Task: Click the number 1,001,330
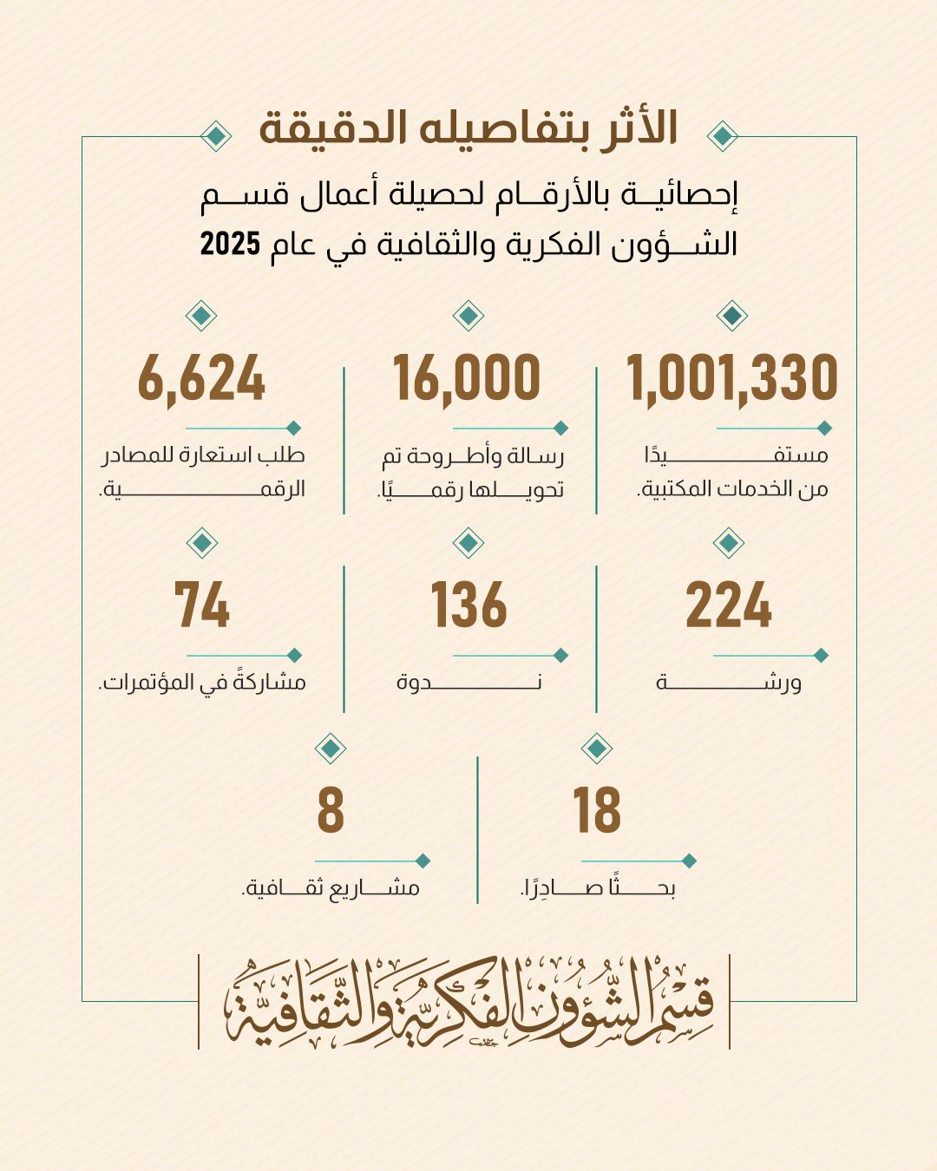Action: click(x=732, y=378)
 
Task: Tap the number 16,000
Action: click(x=467, y=378)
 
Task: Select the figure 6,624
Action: click(x=201, y=378)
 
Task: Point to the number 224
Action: click(x=728, y=605)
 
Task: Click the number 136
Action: click(x=468, y=605)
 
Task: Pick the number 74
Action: click(x=202, y=605)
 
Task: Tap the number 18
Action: click(x=597, y=811)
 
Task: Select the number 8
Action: click(x=331, y=811)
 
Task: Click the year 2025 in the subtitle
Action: click(x=231, y=244)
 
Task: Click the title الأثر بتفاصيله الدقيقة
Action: click(x=468, y=128)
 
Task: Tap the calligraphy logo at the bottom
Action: click(x=468, y=1002)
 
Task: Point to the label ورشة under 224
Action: click(x=728, y=683)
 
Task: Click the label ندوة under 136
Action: click(x=468, y=683)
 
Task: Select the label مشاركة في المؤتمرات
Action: click(x=202, y=683)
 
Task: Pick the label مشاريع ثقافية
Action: click(x=331, y=888)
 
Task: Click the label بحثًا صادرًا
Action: click(x=597, y=888)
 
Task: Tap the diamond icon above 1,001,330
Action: click(x=732, y=316)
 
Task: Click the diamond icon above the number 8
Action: click(x=331, y=748)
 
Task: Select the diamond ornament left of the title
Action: click(x=215, y=136)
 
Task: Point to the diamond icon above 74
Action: click(x=202, y=543)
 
